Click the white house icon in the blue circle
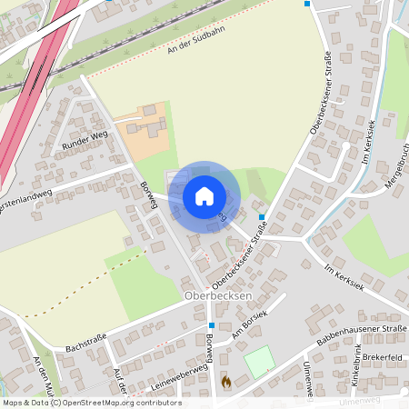pyautogui.click(x=204, y=196)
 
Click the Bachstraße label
pyautogui.click(x=86, y=343)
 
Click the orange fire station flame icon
pyautogui.click(x=225, y=383)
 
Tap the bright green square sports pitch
pyautogui.click(x=259, y=362)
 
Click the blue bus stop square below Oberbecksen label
pyautogui.click(x=211, y=324)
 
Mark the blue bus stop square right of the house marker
pyautogui.click(x=262, y=217)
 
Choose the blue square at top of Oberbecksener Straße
pyautogui.click(x=307, y=5)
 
